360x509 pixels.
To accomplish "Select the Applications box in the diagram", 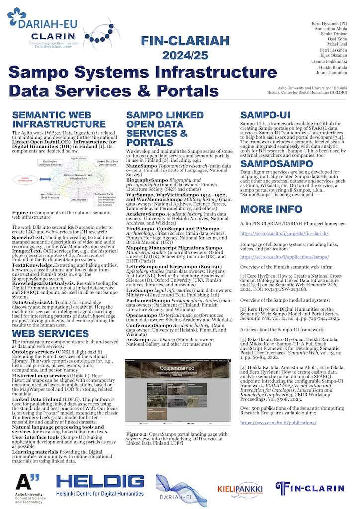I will click(x=78, y=158).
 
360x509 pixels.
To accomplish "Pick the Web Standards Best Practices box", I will click(x=50, y=195).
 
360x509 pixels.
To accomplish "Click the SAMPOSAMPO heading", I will click(x=273, y=162).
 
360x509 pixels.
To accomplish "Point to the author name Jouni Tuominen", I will click(x=332, y=73).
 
